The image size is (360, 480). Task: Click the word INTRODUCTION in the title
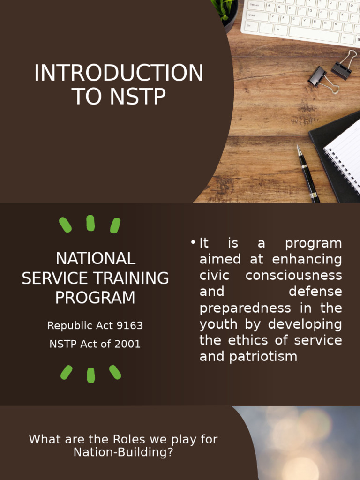(x=119, y=73)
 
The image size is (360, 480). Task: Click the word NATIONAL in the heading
(x=95, y=258)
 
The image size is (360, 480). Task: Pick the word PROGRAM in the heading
(x=95, y=298)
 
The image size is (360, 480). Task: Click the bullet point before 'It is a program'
(x=193, y=243)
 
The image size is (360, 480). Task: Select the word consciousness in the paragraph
(x=293, y=275)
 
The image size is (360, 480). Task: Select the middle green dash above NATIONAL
(x=90, y=223)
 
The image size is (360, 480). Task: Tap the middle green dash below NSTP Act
(x=90, y=375)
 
